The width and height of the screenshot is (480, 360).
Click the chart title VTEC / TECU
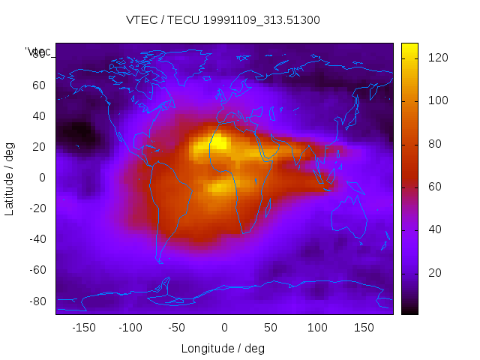(x=223, y=20)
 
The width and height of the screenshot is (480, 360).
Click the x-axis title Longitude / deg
(x=223, y=348)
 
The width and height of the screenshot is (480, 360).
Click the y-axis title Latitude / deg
(x=10, y=178)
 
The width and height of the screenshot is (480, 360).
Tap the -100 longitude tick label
(x=130, y=328)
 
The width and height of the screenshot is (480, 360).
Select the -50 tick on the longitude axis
(x=177, y=328)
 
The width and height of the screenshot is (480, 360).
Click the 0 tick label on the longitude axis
(x=223, y=328)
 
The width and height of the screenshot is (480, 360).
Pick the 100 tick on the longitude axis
(x=317, y=328)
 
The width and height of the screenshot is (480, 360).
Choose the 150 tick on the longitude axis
(x=364, y=328)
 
